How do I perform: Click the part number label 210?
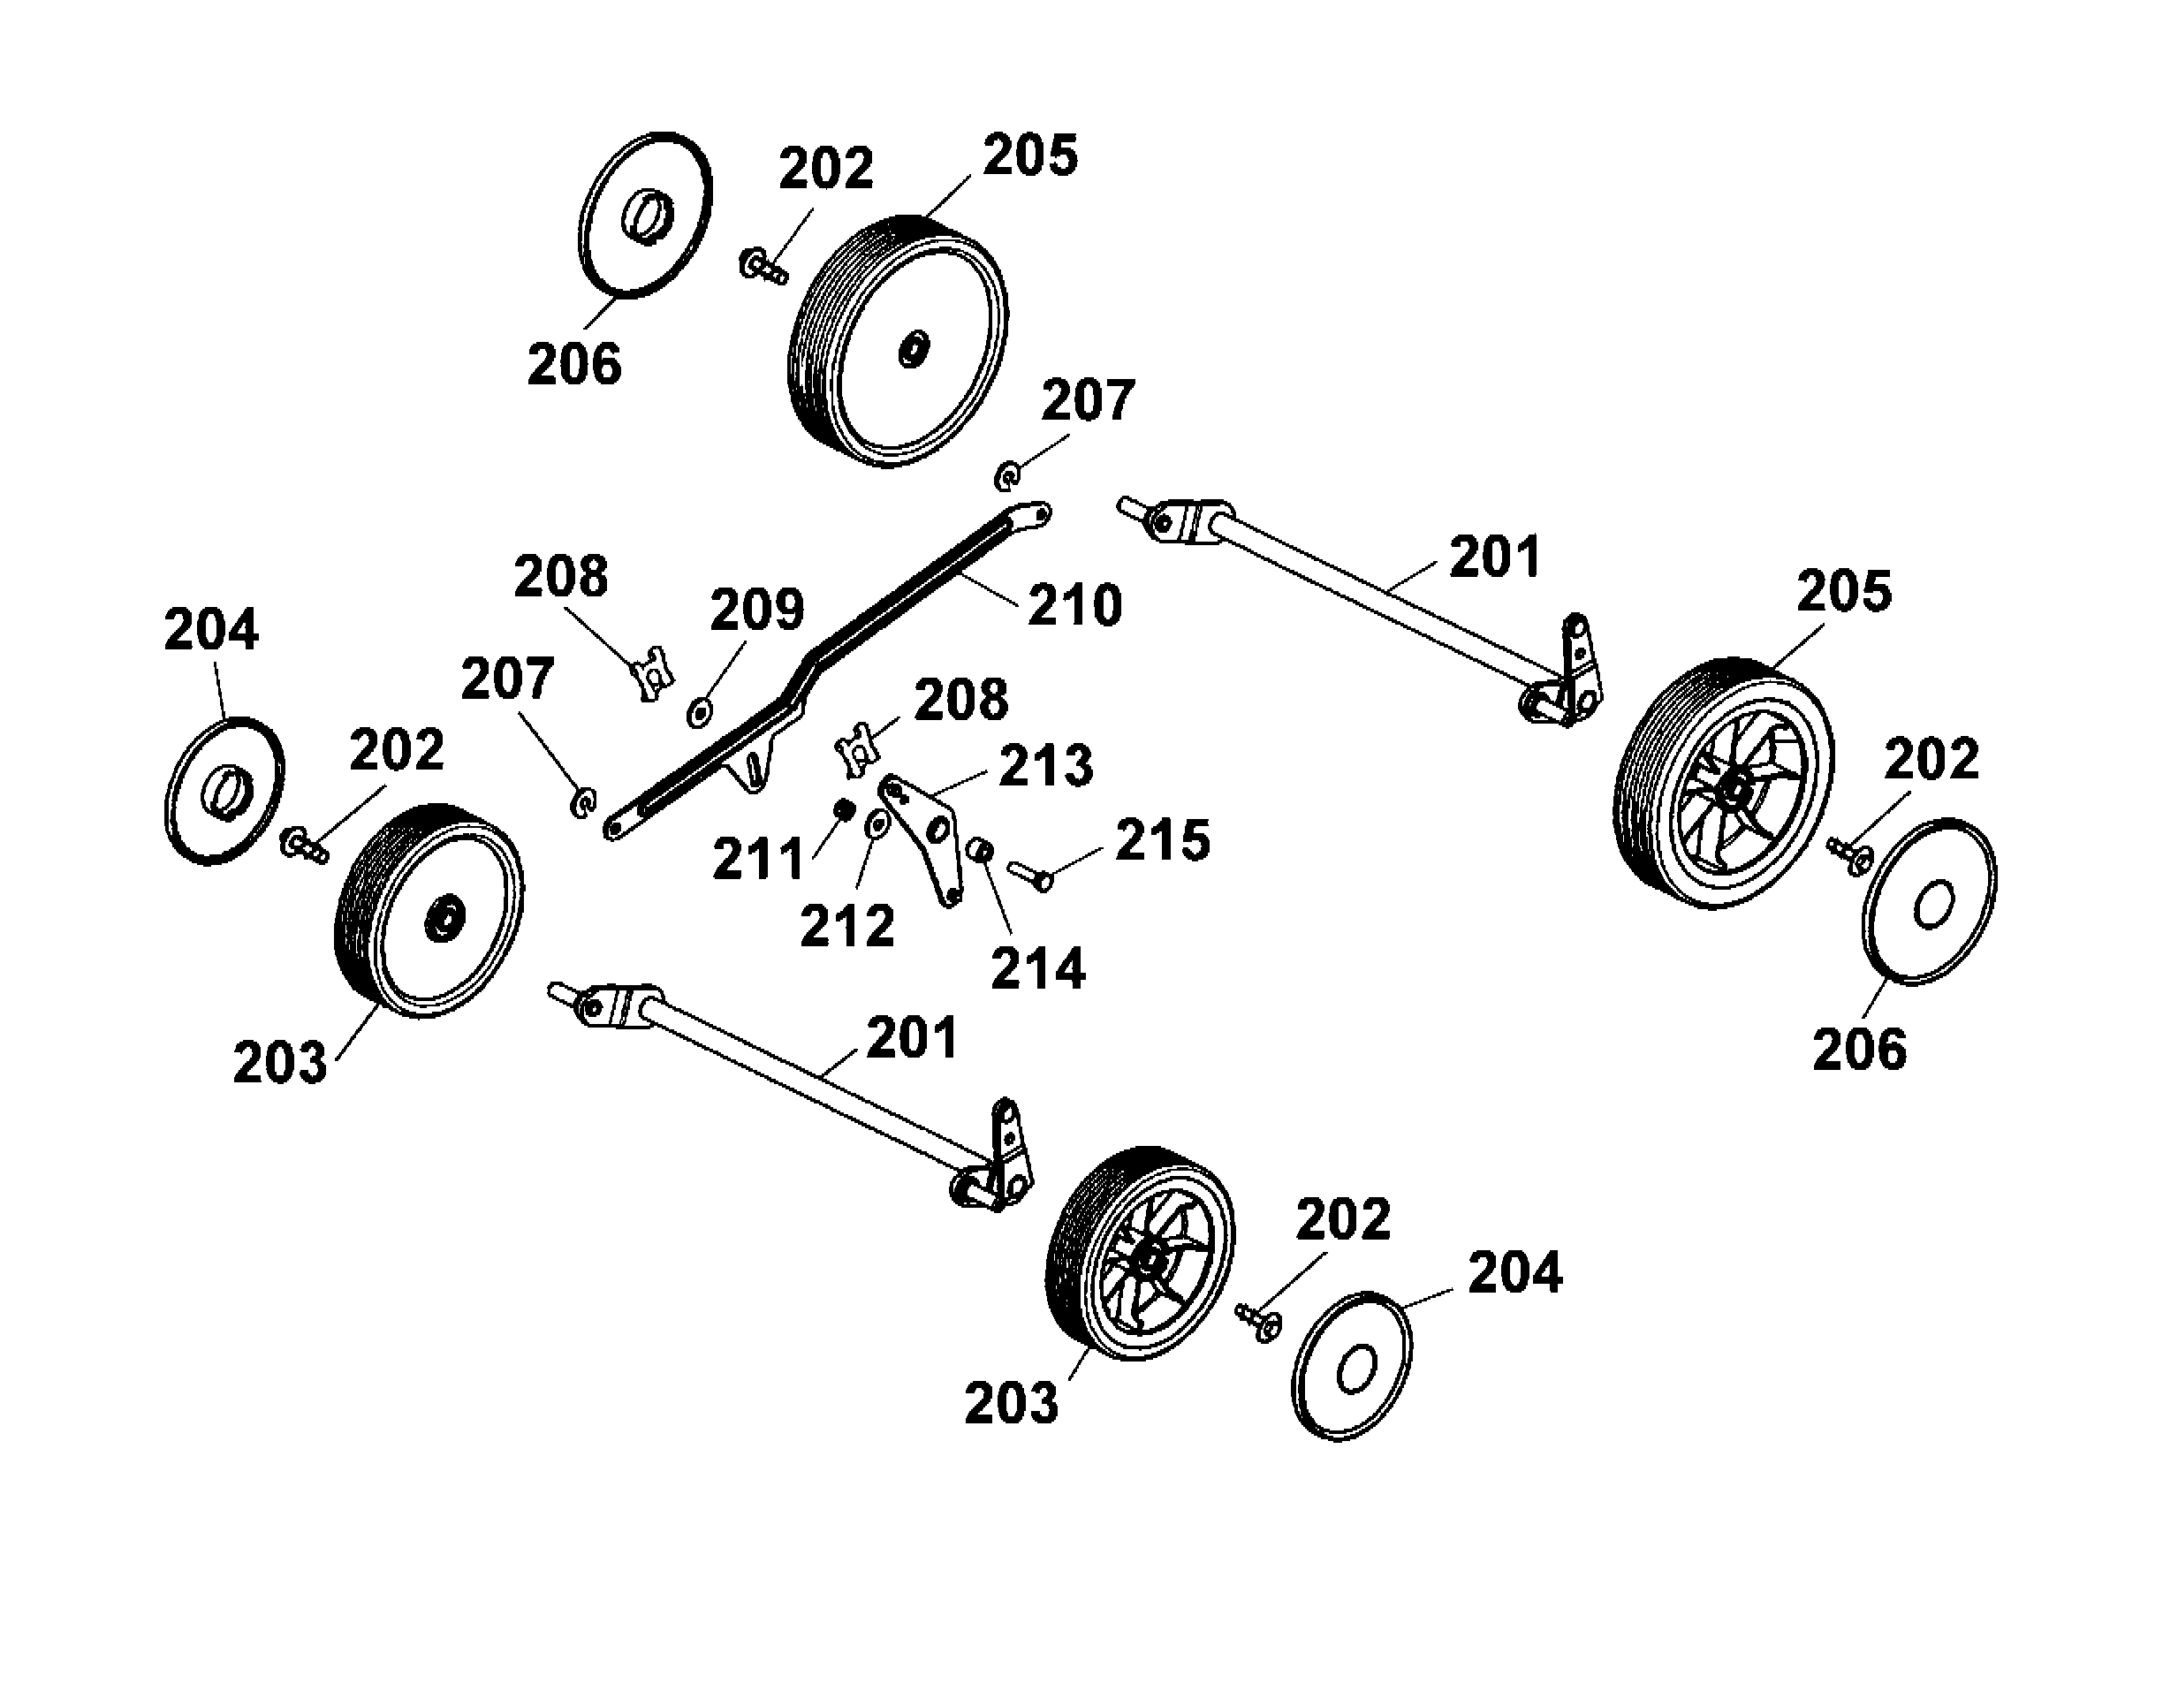(x=1074, y=605)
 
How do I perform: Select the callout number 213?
(x=1045, y=766)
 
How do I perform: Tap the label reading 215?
(x=1162, y=839)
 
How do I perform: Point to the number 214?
(x=1037, y=969)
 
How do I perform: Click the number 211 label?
(x=758, y=860)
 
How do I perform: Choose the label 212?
(x=846, y=927)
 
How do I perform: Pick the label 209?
(x=756, y=610)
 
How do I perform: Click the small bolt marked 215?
(x=1031, y=876)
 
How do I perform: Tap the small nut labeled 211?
(x=844, y=809)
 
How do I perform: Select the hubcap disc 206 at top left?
(x=645, y=215)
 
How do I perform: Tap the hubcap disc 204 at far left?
(x=224, y=791)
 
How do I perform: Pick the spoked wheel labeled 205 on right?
(x=1723, y=785)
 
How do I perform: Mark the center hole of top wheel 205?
(x=913, y=349)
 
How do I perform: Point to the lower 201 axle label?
(x=912, y=1038)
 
